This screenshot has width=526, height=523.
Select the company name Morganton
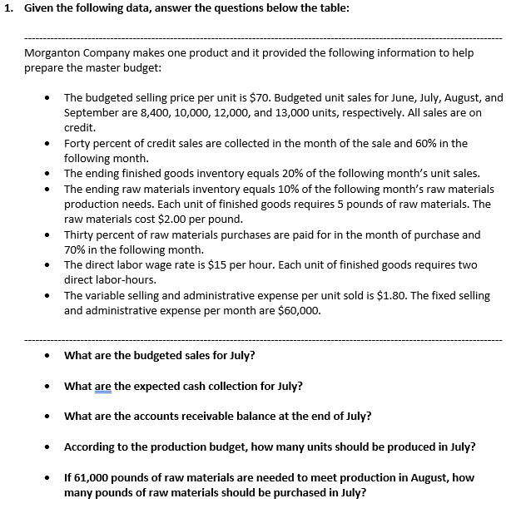click(x=53, y=52)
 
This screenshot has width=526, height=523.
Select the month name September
click(x=92, y=112)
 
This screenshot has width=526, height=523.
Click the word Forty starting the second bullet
click(x=78, y=143)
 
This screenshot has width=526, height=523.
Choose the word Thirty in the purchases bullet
click(x=81, y=234)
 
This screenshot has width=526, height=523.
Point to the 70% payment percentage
click(x=76, y=249)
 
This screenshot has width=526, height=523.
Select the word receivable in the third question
click(x=196, y=416)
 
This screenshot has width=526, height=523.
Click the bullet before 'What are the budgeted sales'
click(x=48, y=356)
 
